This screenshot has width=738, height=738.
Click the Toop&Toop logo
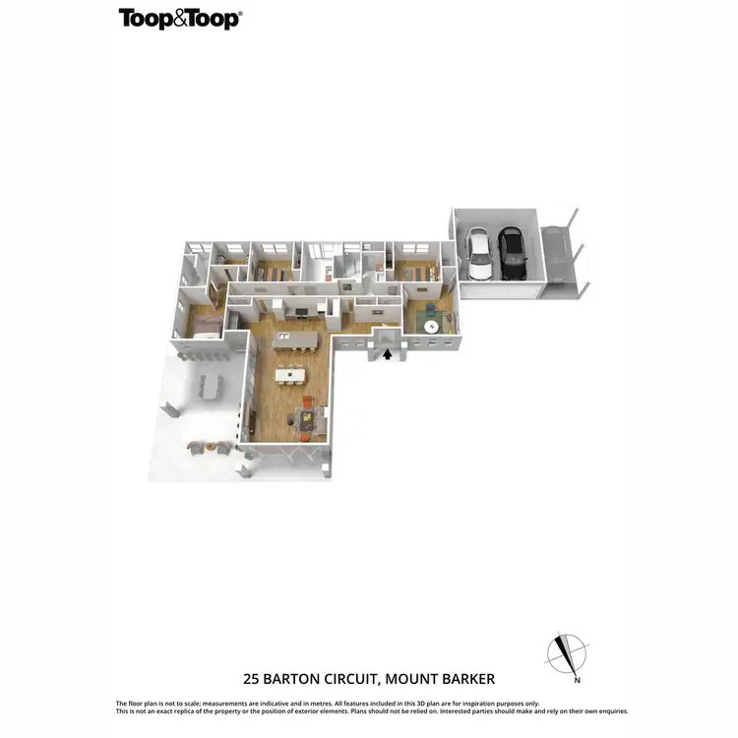click(x=180, y=18)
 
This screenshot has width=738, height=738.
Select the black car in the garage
click(x=512, y=253)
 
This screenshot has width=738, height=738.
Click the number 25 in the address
click(x=252, y=679)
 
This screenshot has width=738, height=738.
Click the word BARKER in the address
click(x=468, y=679)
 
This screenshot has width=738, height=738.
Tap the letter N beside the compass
click(x=578, y=680)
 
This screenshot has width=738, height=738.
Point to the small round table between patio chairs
click(x=209, y=449)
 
